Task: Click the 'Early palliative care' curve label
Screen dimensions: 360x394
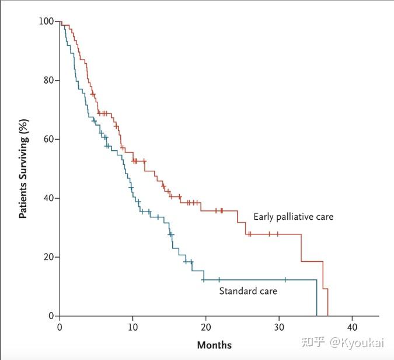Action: pyautogui.click(x=293, y=217)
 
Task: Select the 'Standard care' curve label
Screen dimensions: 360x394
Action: pyautogui.click(x=247, y=290)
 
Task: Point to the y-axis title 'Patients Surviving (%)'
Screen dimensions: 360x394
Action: pyautogui.click(x=24, y=169)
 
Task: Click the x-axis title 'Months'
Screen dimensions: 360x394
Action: pyautogui.click(x=214, y=345)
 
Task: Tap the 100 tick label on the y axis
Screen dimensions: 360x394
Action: pyautogui.click(x=46, y=22)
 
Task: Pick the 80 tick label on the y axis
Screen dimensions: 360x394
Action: pyautogui.click(x=48, y=80)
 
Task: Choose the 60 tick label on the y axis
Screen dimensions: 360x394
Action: pyautogui.click(x=48, y=139)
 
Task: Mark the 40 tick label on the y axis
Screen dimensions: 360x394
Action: pyautogui.click(x=48, y=198)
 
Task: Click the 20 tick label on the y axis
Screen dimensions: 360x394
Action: pyautogui.click(x=48, y=257)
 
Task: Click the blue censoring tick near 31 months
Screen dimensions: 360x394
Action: pyautogui.click(x=285, y=280)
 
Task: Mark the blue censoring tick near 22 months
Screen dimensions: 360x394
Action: pyautogui.click(x=219, y=280)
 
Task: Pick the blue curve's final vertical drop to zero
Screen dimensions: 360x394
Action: pyautogui.click(x=316, y=298)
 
